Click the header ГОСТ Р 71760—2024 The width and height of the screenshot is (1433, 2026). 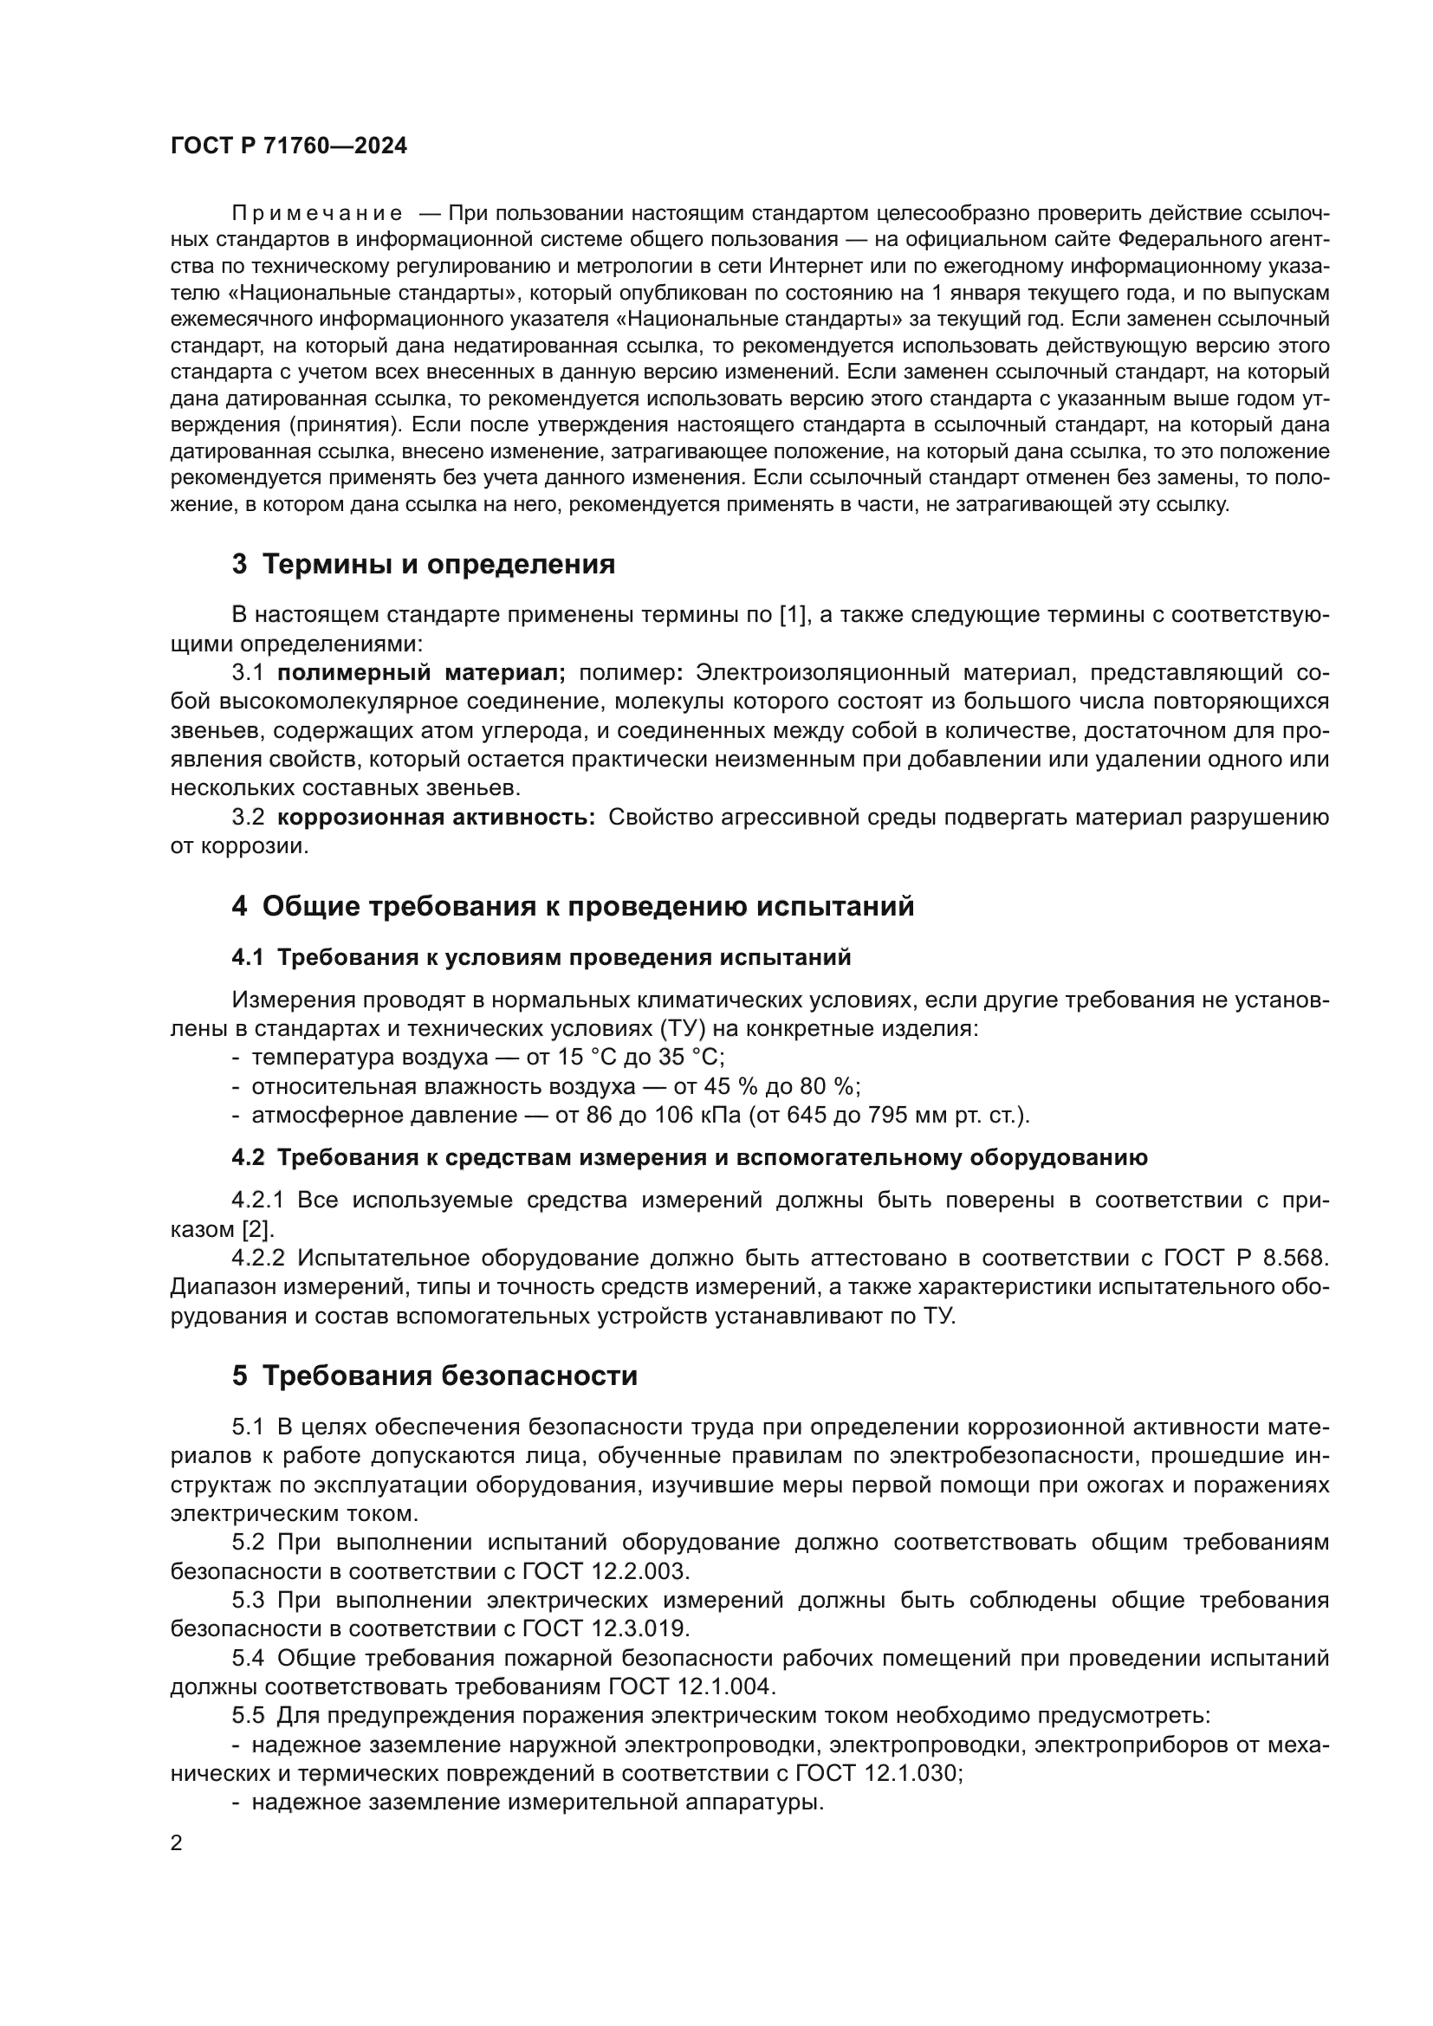point(289,146)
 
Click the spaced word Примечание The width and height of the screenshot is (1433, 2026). point(317,214)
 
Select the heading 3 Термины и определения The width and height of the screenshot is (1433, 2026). point(424,564)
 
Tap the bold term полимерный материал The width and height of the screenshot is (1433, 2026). point(421,673)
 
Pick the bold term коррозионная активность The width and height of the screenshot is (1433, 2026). point(436,818)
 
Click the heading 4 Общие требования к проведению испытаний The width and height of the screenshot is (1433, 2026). point(573,906)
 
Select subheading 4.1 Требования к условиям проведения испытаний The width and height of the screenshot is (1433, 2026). point(541,957)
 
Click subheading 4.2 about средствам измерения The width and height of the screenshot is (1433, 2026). point(689,1159)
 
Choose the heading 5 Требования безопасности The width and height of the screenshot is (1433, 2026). point(434,1375)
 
